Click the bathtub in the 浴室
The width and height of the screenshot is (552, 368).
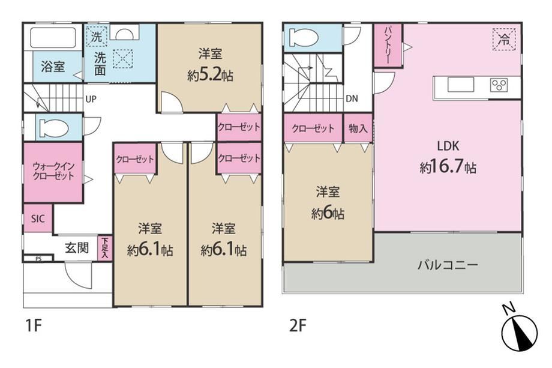tap(53, 37)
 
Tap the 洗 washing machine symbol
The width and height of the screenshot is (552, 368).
tap(97, 36)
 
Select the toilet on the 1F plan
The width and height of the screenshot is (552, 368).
tap(54, 128)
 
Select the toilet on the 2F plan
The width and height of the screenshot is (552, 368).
tap(303, 37)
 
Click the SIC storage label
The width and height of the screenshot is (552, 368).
tap(38, 219)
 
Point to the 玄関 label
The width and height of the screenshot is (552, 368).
tap(77, 248)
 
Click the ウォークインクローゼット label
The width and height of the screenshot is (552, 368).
tap(53, 171)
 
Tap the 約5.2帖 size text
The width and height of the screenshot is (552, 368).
tap(210, 75)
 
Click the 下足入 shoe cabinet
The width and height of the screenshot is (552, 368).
tap(105, 249)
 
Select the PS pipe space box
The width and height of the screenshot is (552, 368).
tap(38, 259)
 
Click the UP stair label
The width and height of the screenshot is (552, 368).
tap(91, 99)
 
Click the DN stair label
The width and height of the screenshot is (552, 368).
tap(352, 98)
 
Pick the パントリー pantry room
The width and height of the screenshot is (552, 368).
tap(388, 45)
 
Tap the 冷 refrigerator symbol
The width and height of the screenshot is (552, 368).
tap(504, 39)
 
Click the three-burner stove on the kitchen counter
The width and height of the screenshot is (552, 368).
tap(499, 85)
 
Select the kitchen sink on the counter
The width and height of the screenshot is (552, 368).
tap(461, 85)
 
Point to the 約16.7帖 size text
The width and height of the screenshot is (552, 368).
tap(448, 167)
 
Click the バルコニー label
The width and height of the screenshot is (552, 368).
tap(448, 265)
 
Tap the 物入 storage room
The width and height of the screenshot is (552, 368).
tap(358, 128)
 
